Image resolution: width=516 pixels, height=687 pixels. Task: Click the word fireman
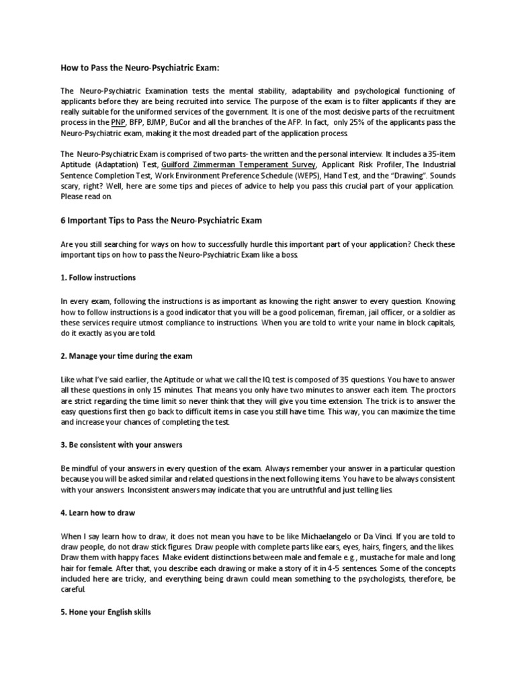click(x=336, y=313)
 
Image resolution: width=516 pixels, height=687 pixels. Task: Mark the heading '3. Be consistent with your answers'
click(x=122, y=444)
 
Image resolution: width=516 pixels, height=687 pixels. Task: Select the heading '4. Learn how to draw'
click(x=98, y=513)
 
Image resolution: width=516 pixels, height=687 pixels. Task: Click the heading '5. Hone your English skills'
click(x=106, y=613)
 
